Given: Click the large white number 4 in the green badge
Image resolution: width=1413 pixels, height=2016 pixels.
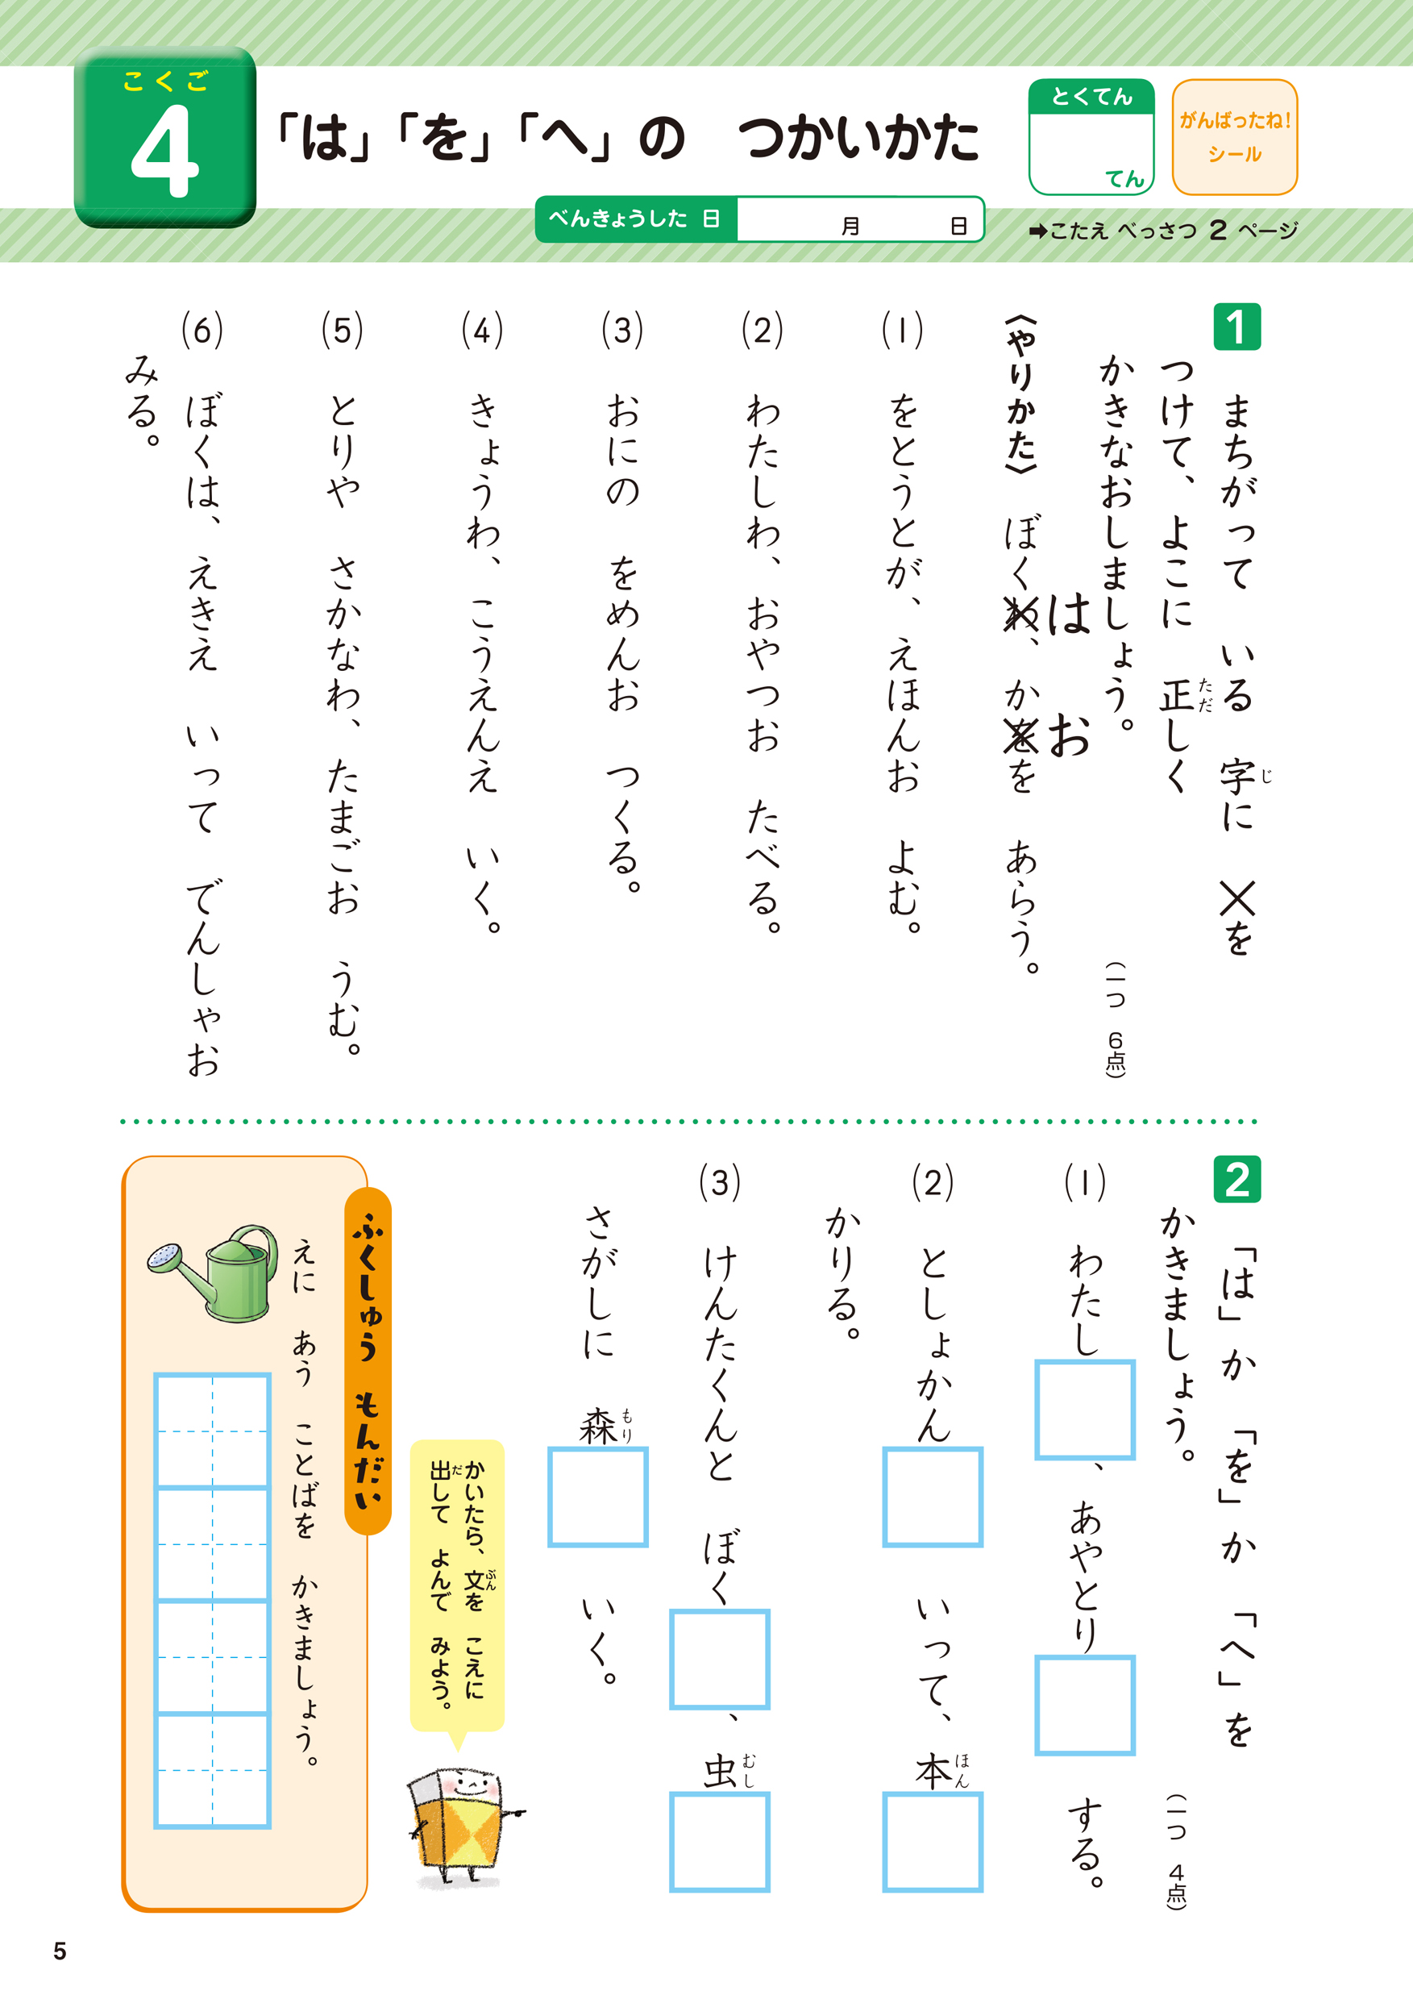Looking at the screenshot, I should click(x=165, y=151).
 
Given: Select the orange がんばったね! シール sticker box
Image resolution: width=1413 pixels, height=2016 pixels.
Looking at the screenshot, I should click(x=1234, y=137).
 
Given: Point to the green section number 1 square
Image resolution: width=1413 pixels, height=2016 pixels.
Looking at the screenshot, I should click(x=1236, y=327).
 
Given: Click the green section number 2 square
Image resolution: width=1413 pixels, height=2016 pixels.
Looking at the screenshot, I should click(x=1236, y=1179).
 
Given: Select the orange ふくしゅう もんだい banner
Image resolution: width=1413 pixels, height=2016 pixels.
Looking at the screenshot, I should click(x=368, y=1360).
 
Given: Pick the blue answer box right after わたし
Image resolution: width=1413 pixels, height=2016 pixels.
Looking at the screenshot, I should click(x=1085, y=1410).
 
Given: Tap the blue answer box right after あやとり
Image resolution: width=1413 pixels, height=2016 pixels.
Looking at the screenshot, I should click(x=1085, y=1706).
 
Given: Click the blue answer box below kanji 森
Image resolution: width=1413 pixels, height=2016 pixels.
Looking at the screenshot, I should click(x=597, y=1497).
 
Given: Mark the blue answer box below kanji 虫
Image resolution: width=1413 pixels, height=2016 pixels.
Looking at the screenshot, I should click(x=720, y=1841).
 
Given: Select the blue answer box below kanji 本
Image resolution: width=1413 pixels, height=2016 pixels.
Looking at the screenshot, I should click(x=932, y=1841).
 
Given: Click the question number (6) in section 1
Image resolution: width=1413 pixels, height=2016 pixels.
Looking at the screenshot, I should click(x=202, y=330).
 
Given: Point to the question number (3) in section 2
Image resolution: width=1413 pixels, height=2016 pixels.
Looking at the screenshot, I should click(x=720, y=1182).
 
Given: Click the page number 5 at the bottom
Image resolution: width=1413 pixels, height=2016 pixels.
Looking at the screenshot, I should click(x=60, y=1951).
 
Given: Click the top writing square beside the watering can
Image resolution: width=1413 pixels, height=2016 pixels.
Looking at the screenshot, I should click(x=212, y=1431).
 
